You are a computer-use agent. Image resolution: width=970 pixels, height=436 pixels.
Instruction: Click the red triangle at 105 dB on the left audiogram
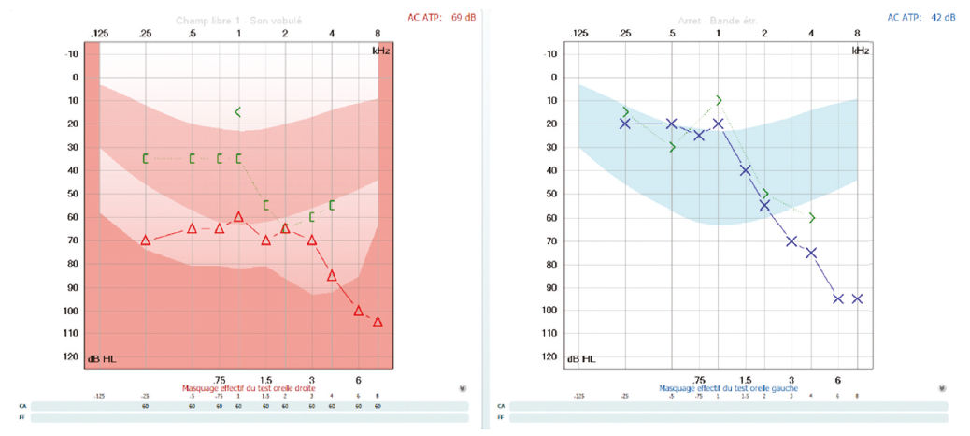click(x=378, y=322)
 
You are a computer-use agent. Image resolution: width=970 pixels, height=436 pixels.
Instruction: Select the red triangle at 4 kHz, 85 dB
click(x=332, y=275)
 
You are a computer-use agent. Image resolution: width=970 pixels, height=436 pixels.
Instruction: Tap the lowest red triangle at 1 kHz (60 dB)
click(x=238, y=217)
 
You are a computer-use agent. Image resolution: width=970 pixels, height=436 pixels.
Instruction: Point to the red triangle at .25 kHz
click(x=146, y=240)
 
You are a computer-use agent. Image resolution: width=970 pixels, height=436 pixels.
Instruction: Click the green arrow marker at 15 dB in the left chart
click(x=238, y=112)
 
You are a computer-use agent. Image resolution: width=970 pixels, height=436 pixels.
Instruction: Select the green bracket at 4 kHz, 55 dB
click(x=332, y=205)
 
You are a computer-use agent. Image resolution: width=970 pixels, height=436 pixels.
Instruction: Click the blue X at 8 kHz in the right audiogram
click(x=857, y=298)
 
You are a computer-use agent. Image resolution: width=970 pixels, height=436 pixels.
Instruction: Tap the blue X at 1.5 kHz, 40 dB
click(x=746, y=170)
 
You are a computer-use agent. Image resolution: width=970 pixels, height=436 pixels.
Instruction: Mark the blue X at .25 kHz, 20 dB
click(x=625, y=124)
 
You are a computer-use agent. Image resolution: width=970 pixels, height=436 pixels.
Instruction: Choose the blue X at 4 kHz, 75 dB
click(x=811, y=253)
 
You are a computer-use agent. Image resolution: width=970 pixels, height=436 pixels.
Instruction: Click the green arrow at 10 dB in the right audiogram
click(x=719, y=100)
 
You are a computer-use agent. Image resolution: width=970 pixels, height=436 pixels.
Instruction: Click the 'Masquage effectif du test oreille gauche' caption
click(x=719, y=387)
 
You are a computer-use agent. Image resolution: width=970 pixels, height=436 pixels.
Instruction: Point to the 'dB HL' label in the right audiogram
click(x=581, y=358)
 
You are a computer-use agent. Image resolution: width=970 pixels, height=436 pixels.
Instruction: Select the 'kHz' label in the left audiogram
click(x=379, y=50)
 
